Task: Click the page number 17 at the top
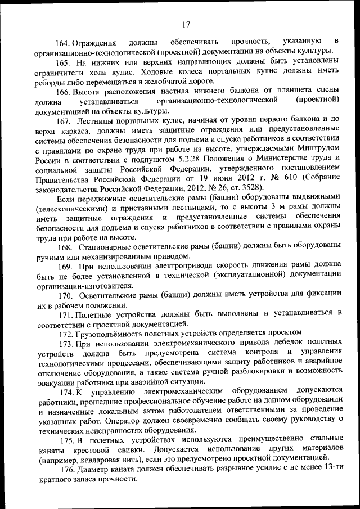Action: click(187, 23)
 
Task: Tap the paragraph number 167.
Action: click(65, 121)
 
